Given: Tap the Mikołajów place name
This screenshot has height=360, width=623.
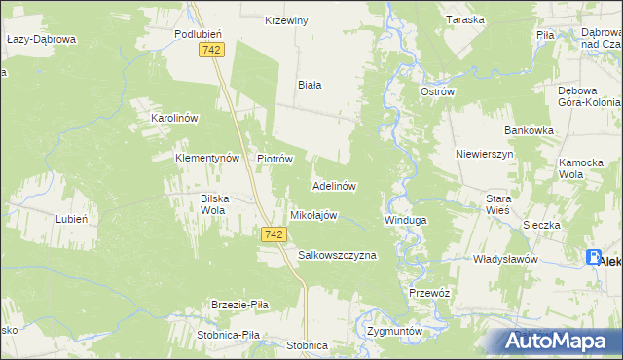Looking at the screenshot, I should [313, 215].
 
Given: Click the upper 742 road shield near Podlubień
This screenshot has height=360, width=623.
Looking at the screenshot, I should [210, 50].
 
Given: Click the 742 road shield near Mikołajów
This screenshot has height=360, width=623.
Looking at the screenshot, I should [274, 234].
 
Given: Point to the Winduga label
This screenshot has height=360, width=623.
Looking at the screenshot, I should [405, 221].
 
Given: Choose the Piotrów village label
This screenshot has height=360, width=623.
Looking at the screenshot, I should [275, 158].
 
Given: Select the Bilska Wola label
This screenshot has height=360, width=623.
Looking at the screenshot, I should [214, 203].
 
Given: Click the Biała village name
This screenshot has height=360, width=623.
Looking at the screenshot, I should [310, 85].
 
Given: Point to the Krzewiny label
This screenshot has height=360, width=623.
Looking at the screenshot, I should [286, 20].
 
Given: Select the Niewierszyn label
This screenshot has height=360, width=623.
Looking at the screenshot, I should [483, 154].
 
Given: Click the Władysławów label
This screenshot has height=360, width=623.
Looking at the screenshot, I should [505, 260].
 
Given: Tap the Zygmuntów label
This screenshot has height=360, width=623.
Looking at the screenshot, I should [395, 331].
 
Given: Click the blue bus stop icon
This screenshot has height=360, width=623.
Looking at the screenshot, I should [594, 258].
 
